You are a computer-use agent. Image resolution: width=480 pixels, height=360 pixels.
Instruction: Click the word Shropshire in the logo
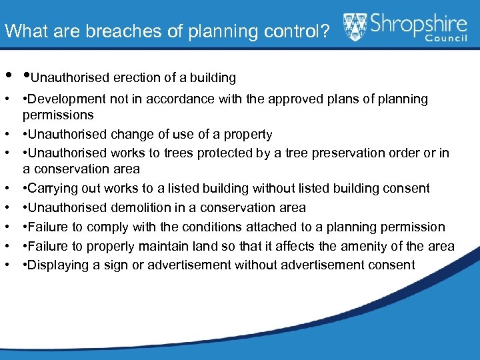pyautogui.click(x=419, y=25)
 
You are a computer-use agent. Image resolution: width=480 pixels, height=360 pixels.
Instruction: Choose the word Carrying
pyautogui.click(x=52, y=189)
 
